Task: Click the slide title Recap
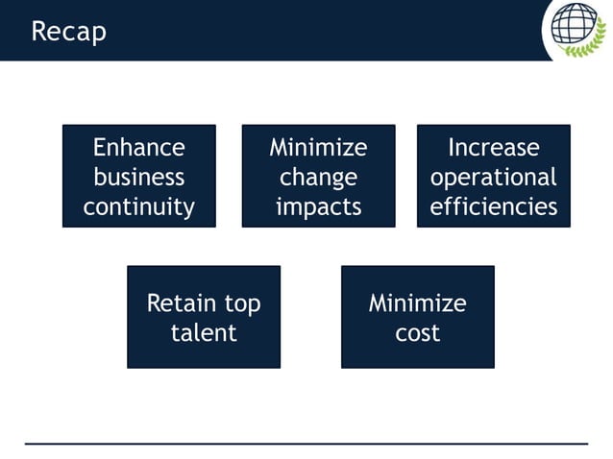click(68, 32)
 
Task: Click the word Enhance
click(138, 148)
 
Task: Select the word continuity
click(138, 206)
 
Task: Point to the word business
click(138, 178)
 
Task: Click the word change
click(318, 178)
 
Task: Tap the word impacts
click(318, 206)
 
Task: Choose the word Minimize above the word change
click(318, 148)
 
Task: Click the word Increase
click(493, 148)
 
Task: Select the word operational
click(493, 178)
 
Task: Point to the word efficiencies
click(493, 206)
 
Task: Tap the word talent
click(204, 333)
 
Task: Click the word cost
click(417, 333)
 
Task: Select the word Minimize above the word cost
click(417, 303)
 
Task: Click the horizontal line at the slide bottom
click(306, 444)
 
